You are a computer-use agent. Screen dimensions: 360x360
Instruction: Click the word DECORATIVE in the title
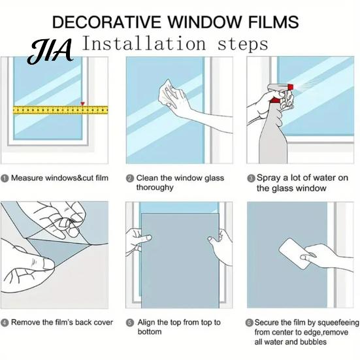106,22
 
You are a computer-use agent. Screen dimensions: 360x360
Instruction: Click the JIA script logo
50,51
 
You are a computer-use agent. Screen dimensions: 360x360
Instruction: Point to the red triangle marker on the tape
82,104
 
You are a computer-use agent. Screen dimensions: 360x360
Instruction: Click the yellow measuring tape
60,110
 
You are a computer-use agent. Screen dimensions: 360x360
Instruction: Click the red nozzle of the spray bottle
291,87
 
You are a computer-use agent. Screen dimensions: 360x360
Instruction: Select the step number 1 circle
5,178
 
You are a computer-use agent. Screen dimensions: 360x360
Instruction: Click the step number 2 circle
130,178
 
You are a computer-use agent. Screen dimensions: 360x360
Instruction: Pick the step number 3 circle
251,178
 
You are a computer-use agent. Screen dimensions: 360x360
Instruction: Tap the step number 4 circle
5,323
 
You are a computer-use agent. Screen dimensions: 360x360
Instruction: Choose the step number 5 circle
130,323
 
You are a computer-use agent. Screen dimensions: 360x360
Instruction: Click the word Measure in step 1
27,178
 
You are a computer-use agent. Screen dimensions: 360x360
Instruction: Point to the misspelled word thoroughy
155,188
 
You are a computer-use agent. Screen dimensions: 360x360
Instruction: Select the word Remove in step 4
25,322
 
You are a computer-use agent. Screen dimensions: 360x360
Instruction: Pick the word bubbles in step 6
313,342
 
